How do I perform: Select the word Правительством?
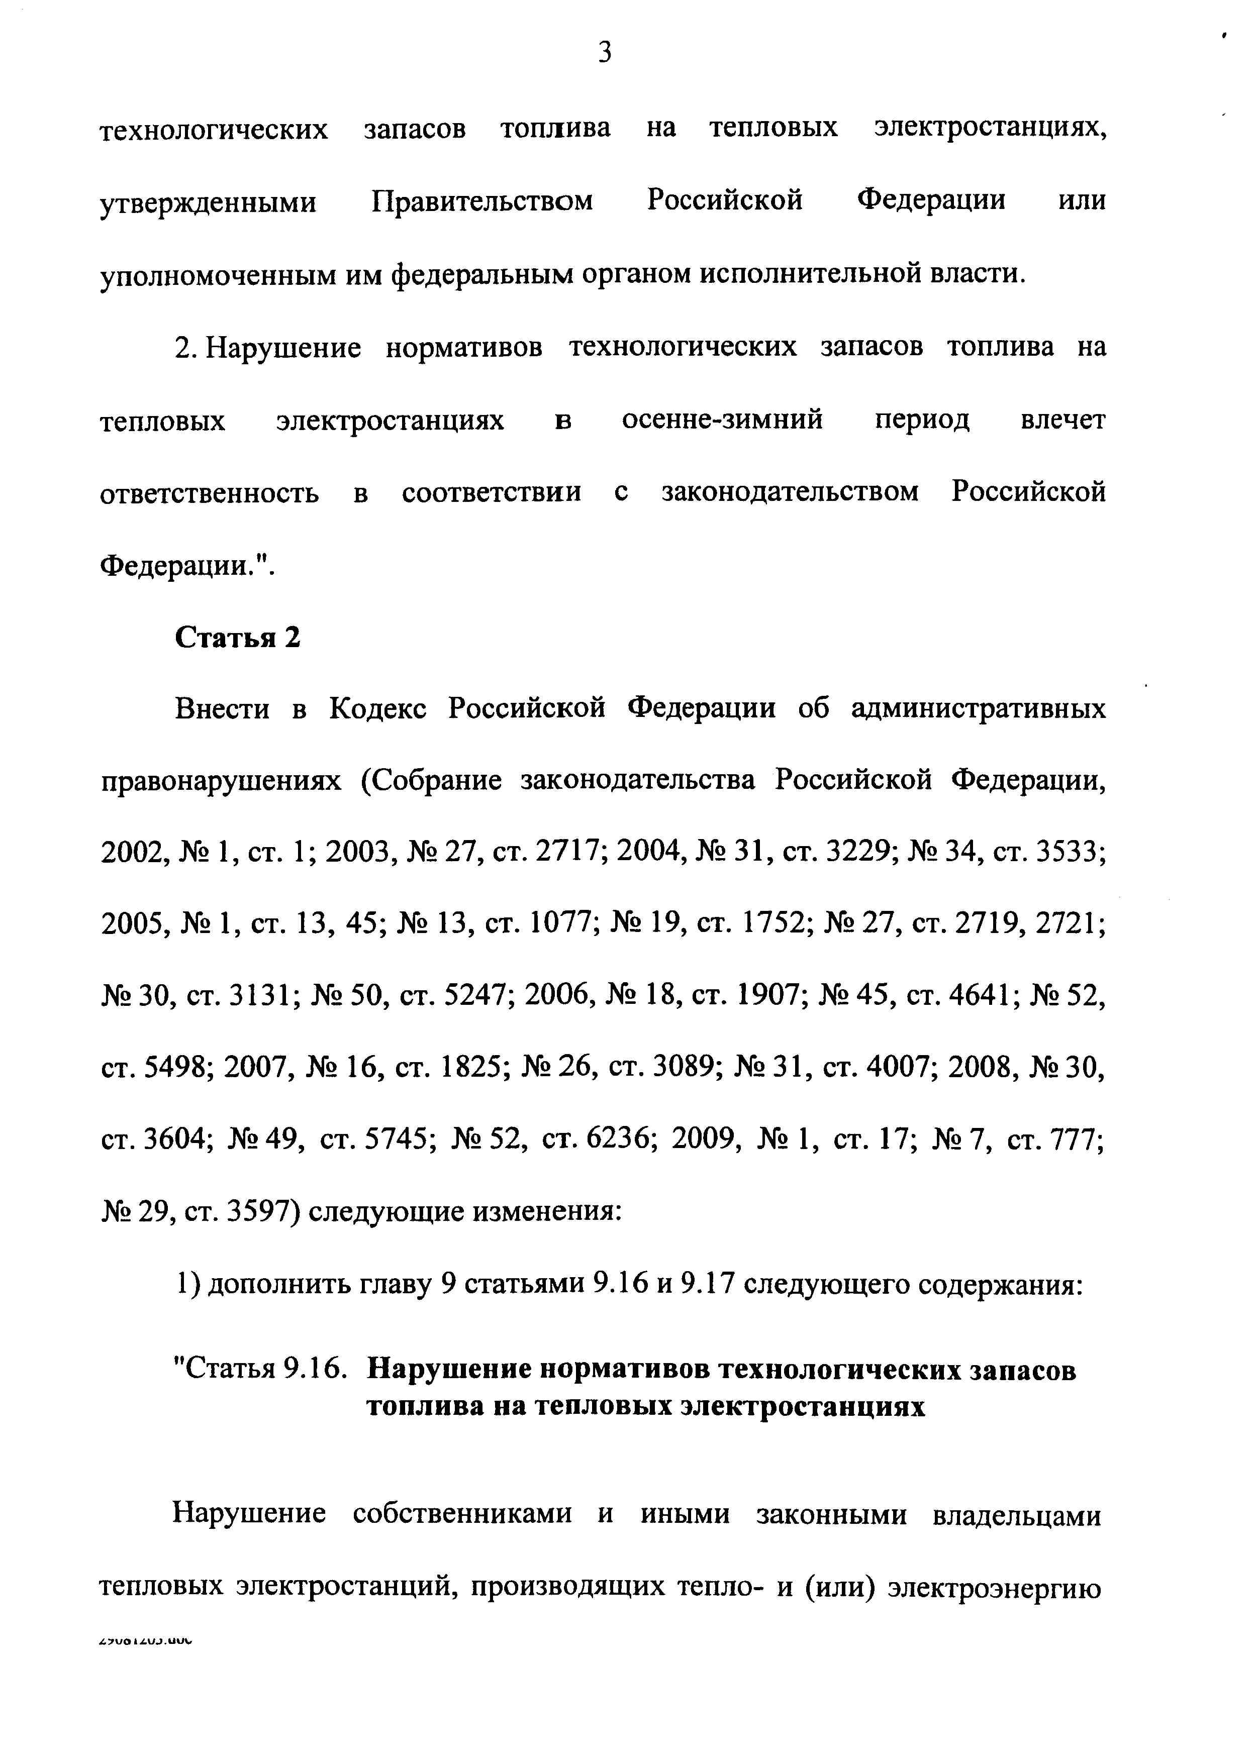(481, 201)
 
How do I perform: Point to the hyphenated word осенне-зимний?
(722, 420)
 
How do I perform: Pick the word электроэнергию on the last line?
(995, 1586)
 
